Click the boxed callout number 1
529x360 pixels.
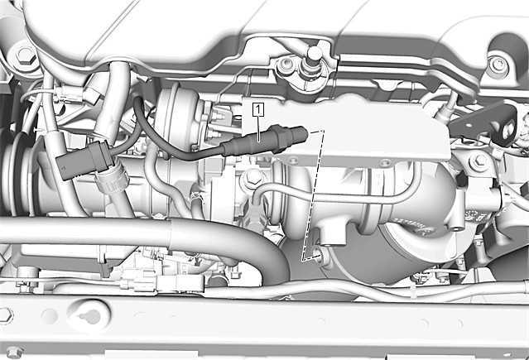click(258, 110)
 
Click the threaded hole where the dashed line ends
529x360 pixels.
click(319, 252)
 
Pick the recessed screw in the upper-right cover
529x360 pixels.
click(498, 65)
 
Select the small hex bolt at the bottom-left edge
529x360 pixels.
click(13, 352)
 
